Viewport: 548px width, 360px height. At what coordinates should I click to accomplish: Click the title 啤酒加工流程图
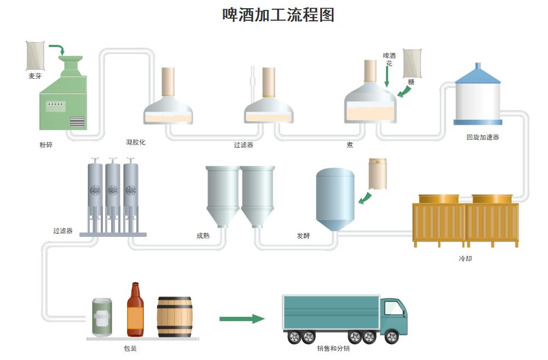coord(278,15)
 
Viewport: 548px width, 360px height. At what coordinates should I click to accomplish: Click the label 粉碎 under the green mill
coord(47,145)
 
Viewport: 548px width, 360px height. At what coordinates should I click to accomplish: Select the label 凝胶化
coord(136,142)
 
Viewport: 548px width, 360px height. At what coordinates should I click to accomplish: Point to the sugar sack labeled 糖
coord(412,63)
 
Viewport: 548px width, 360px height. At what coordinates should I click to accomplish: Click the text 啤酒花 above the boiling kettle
coord(389,59)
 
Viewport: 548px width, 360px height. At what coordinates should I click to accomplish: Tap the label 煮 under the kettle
coord(350,145)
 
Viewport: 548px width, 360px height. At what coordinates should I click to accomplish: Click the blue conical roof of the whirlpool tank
coord(478,76)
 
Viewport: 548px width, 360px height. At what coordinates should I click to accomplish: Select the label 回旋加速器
coord(482,137)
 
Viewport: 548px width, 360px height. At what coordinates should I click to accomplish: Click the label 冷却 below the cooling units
coord(465,258)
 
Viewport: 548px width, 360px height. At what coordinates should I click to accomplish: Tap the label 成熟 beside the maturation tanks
coord(203,236)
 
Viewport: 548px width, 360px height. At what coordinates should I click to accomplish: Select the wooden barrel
coord(175,317)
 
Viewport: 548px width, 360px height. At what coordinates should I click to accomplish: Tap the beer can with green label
coord(102,317)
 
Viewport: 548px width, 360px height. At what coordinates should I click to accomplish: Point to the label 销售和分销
coord(333,348)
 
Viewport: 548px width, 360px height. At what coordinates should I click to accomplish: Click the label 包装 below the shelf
coord(130,348)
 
